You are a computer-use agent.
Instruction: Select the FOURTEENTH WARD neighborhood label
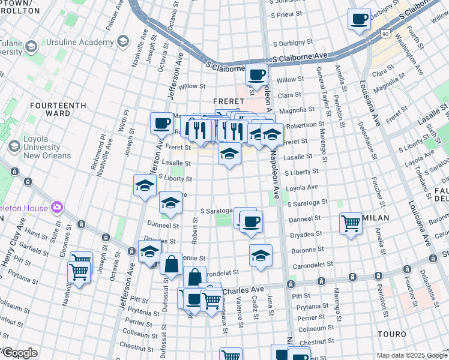[x=58, y=109]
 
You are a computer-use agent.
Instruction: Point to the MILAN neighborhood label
[x=376, y=217]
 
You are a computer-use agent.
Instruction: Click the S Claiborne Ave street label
[x=300, y=56]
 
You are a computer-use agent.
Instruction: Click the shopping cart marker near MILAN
[x=351, y=224]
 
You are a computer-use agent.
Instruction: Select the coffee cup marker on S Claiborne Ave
[x=256, y=76]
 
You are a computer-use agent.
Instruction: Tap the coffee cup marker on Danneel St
[x=251, y=222]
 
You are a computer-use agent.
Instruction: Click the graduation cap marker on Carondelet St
[x=261, y=256]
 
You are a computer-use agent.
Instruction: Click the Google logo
[x=20, y=353]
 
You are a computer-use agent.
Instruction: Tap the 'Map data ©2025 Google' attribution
[x=412, y=355]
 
